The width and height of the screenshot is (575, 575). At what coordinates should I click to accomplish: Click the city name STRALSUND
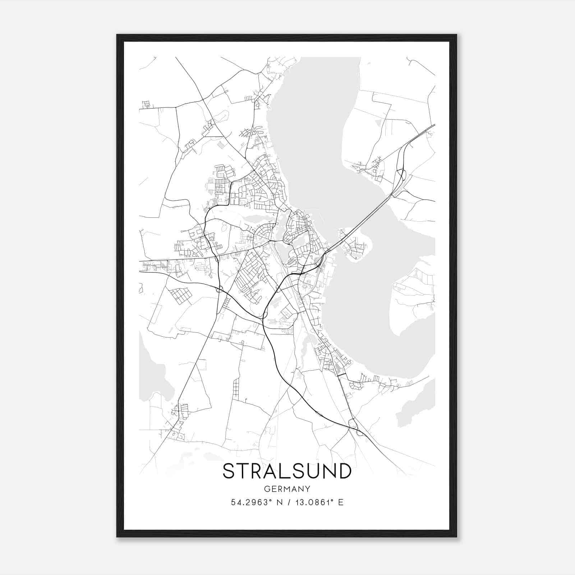tap(287, 471)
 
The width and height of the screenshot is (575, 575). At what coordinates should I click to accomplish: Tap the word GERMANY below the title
tap(287, 489)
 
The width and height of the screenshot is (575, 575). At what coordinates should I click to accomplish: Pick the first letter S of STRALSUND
tap(229, 471)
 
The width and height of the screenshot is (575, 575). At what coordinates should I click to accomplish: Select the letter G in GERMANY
tap(267, 489)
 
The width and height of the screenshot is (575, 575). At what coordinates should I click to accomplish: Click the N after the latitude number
tap(278, 502)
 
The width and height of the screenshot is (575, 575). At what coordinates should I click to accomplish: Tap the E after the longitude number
tap(341, 502)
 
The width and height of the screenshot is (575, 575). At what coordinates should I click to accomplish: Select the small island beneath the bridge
tap(354, 246)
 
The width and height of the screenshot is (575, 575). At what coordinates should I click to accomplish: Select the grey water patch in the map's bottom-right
tap(417, 402)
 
